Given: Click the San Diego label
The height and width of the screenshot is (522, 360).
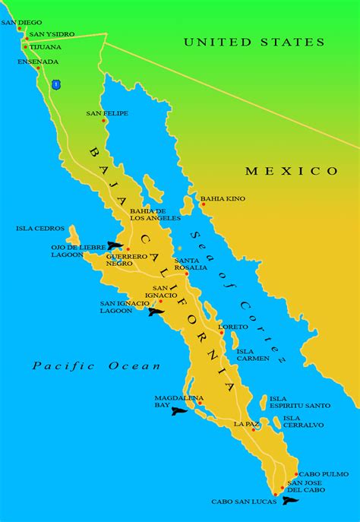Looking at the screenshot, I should pos(21,23).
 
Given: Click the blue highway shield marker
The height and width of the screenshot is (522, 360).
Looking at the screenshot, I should pos(55,84).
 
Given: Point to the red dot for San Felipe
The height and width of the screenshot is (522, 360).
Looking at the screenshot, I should pos(104,122).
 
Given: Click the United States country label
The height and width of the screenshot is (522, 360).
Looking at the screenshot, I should pos(254,43).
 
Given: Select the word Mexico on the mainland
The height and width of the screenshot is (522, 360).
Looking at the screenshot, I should pos(292,171).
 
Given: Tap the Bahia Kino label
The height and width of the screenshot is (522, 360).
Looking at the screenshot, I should pos(223,198).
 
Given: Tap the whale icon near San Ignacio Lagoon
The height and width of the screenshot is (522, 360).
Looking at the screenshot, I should pos(156,312).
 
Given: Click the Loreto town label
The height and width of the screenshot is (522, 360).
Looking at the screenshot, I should pos(232,327).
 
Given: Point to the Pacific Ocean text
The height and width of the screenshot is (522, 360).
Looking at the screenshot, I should pos(96,365).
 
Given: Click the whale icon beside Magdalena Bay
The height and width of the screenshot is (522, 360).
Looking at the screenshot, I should pos(178,411).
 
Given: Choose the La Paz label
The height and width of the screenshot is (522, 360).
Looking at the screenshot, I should pos(247,423).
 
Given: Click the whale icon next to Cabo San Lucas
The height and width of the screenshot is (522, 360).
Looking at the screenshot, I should pos(290,500).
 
